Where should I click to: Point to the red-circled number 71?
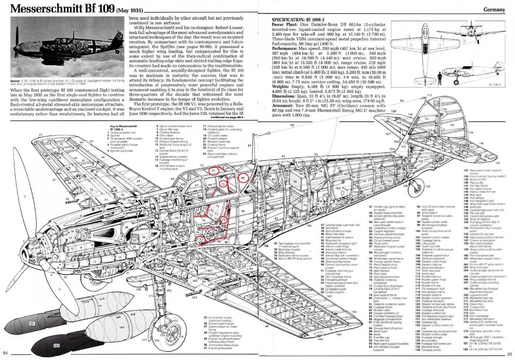(213, 170)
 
